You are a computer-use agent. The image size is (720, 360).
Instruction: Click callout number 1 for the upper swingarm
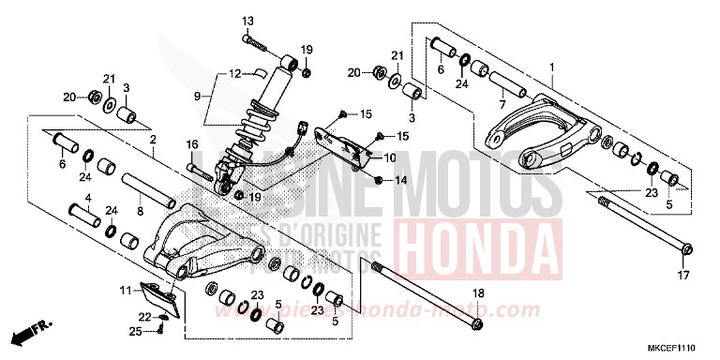tap(553, 67)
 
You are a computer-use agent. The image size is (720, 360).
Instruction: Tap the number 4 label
tap(88, 198)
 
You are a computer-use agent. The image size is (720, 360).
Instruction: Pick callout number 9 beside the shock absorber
tap(198, 96)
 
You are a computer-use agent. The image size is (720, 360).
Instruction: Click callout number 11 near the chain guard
tap(125, 292)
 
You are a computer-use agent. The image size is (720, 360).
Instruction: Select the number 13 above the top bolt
tap(248, 21)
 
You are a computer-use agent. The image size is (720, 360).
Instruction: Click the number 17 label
tap(683, 276)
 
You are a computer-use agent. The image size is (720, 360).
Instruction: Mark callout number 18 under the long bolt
tap(478, 294)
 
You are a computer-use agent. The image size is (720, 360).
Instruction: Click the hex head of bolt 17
tap(685, 249)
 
